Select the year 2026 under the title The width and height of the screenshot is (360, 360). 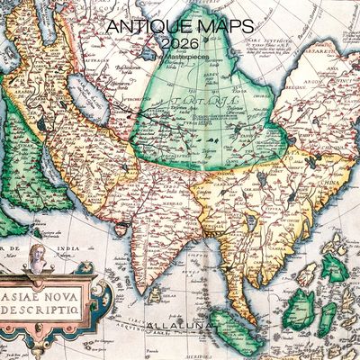pyautogui.click(x=180, y=44)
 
